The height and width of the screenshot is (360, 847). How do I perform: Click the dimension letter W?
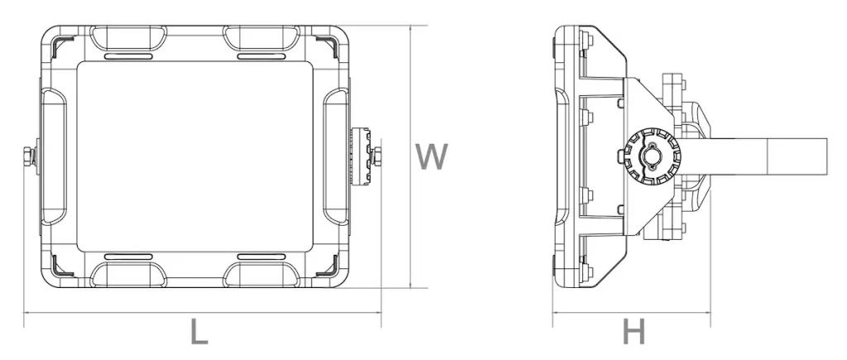[431, 156]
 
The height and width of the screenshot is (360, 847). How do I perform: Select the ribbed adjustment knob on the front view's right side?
[361, 156]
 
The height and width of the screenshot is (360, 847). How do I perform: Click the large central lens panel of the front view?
[194, 156]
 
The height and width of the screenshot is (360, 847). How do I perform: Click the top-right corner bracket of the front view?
[326, 46]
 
